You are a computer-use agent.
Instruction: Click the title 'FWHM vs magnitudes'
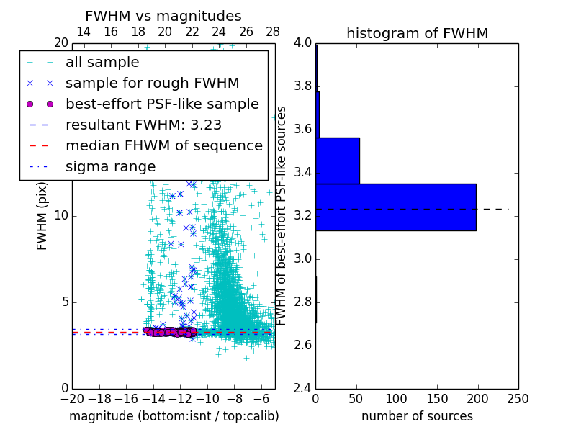click(x=163, y=16)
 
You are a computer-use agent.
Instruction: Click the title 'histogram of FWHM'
click(x=417, y=33)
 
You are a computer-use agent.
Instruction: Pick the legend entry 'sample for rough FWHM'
click(x=152, y=84)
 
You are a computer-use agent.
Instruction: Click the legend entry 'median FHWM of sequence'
click(x=163, y=146)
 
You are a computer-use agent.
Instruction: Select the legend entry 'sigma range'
click(x=110, y=167)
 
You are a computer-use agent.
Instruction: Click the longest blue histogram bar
click(x=395, y=207)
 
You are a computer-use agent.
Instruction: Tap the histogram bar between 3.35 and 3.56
click(x=337, y=161)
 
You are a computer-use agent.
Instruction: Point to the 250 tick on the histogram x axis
click(x=518, y=398)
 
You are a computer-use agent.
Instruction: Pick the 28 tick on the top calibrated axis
click(x=273, y=32)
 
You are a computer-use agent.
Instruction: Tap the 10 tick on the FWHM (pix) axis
click(x=60, y=216)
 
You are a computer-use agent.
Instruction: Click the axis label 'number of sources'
click(x=417, y=416)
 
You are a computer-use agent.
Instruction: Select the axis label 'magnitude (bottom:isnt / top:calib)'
click(x=174, y=416)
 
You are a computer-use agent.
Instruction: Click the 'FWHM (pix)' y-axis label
click(x=42, y=216)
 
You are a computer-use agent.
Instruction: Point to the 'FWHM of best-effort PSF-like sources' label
click(x=282, y=216)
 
